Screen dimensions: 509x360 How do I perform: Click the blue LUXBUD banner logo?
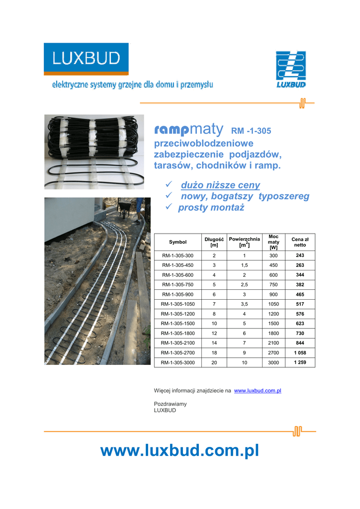click(86, 59)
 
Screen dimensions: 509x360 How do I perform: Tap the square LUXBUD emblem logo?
click(291, 69)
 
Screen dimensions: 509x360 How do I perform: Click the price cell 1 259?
click(300, 362)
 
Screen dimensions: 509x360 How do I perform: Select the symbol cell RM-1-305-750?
click(178, 284)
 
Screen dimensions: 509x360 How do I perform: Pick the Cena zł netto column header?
click(300, 242)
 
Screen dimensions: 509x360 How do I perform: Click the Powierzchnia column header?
click(244, 242)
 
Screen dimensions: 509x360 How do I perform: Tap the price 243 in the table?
click(300, 255)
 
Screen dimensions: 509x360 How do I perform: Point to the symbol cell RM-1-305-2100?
click(178, 343)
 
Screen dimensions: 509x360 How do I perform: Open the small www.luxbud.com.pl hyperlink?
click(258, 391)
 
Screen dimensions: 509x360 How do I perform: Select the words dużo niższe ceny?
click(220, 185)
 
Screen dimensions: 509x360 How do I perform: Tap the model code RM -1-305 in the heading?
click(251, 132)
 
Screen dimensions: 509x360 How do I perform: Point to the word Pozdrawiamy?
click(170, 404)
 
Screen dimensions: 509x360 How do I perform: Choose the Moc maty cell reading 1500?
click(273, 324)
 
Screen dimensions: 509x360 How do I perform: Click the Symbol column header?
click(178, 242)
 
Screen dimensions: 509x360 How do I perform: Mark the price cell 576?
click(300, 314)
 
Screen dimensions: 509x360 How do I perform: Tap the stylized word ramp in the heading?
click(171, 130)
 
